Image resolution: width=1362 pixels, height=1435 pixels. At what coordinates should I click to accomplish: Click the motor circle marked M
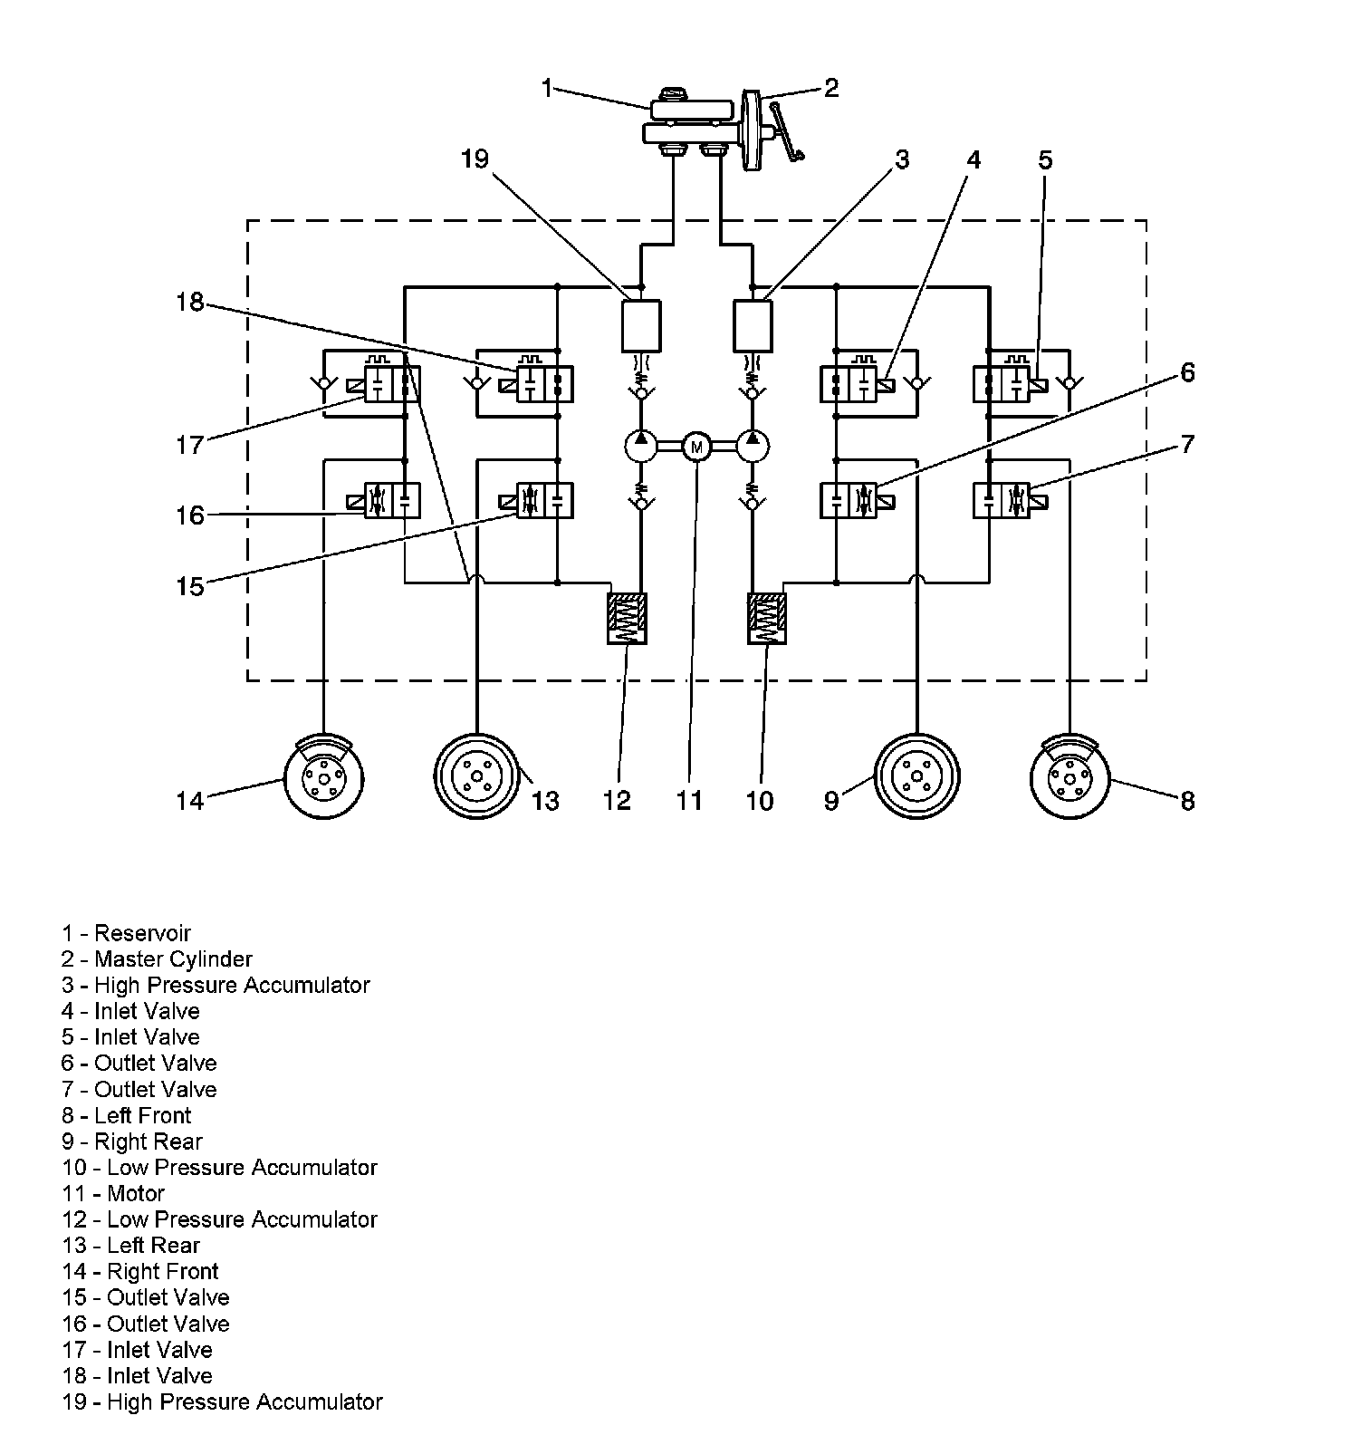point(696,446)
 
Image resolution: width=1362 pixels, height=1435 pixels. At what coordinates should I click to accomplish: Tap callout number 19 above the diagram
point(474,159)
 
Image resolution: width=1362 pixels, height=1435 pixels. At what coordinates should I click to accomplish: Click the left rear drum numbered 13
point(477,776)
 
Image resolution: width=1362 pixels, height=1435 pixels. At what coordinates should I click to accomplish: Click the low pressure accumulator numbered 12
point(627,619)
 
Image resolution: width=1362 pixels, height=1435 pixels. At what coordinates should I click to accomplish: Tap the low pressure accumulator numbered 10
point(767,619)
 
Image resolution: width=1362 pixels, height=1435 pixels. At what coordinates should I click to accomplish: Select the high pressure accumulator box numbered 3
point(752,326)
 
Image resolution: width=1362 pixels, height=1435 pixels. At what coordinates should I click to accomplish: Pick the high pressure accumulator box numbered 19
point(641,326)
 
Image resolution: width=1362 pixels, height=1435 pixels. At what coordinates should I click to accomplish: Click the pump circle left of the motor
point(641,446)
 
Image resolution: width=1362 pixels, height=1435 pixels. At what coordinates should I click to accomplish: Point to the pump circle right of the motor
point(753,446)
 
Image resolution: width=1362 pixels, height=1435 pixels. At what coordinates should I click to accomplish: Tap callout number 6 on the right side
point(1187,372)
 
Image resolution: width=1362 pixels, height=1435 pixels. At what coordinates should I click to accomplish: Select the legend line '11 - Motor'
point(113,1193)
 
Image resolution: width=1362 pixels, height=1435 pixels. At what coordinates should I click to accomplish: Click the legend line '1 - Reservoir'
point(126,933)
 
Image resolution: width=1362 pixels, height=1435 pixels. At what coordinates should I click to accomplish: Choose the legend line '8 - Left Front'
point(127,1115)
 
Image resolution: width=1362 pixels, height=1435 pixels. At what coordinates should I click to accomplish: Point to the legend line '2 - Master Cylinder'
point(157,958)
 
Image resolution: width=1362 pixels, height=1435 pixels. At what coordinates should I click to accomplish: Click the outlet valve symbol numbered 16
point(393,500)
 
